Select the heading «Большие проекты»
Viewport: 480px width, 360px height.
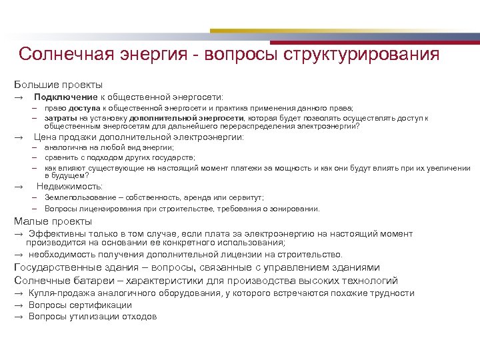[59, 85]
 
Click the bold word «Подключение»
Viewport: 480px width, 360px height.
[61, 97]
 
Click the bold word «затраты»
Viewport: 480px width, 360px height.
[61, 117]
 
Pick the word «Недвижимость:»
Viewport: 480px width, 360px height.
[69, 187]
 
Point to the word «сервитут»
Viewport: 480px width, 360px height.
[247, 198]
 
